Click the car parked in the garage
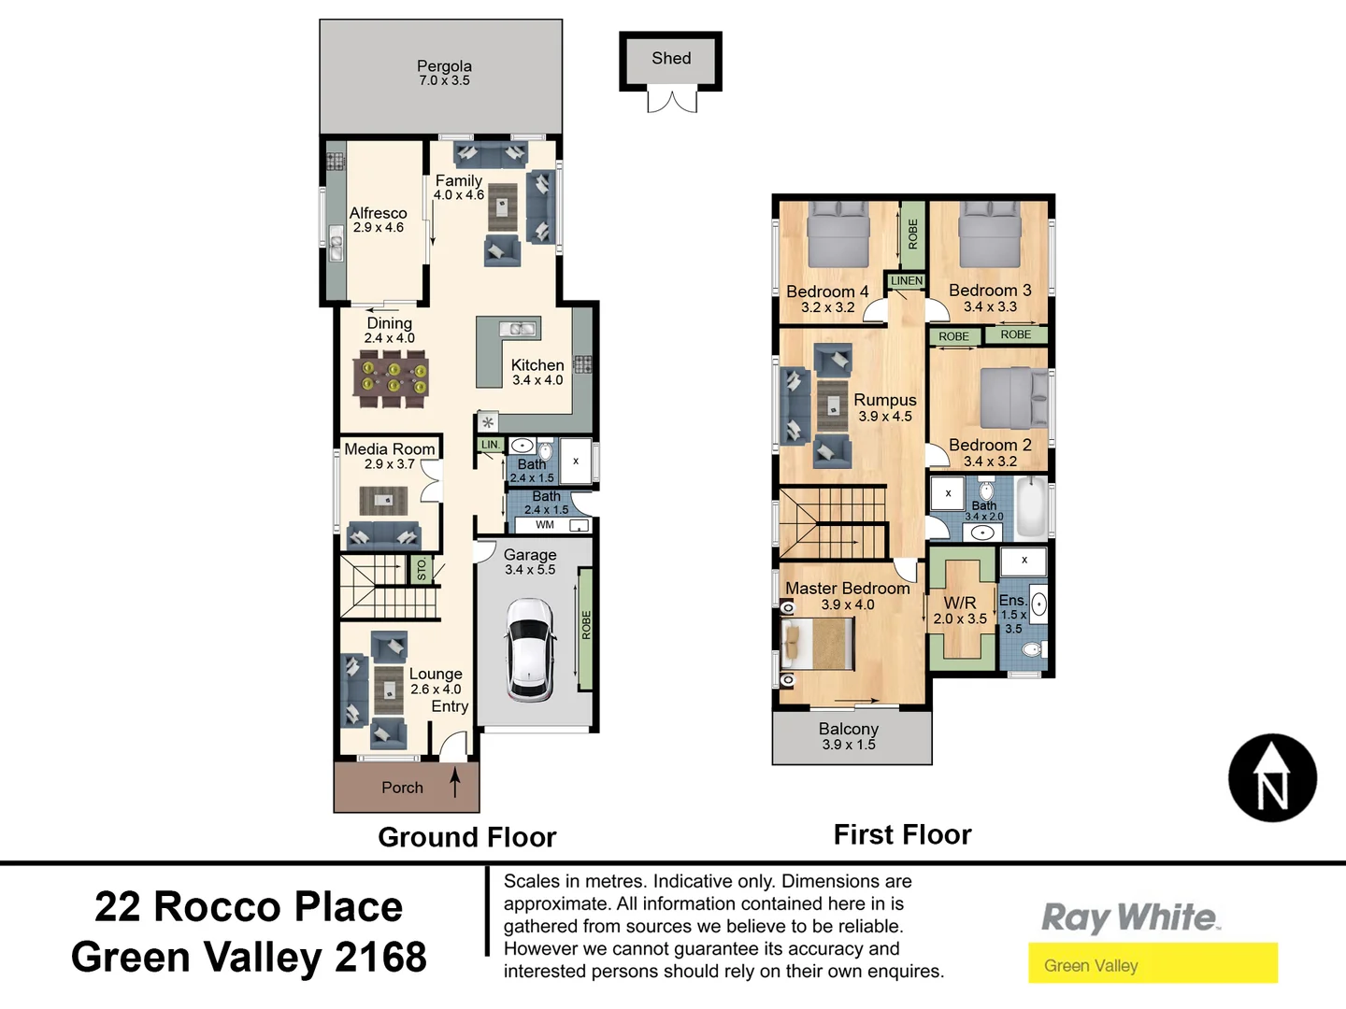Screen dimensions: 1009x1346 (529, 650)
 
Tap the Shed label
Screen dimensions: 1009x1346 (671, 59)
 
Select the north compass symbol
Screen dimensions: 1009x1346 (1272, 778)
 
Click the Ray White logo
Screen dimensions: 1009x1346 (1130, 917)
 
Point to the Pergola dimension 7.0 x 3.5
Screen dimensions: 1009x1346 (444, 81)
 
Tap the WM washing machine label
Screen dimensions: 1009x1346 (545, 525)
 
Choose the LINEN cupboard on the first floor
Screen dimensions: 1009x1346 (906, 281)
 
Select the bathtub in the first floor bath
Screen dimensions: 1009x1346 (1032, 506)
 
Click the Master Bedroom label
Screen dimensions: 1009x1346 (847, 589)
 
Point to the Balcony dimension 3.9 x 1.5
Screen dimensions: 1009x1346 (849, 745)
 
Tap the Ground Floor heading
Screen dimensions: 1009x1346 (466, 837)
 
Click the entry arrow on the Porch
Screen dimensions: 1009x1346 (455, 782)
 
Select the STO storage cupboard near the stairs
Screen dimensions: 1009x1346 (422, 569)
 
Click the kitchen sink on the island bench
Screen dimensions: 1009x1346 (517, 329)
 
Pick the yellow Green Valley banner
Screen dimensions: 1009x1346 (1153, 964)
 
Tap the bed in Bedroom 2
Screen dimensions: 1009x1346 (1014, 398)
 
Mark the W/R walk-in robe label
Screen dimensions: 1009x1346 (960, 604)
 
